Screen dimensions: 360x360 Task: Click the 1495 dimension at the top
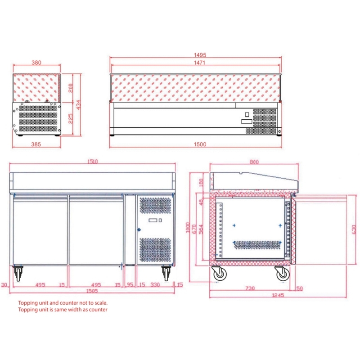(200, 55)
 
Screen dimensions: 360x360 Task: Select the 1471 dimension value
(199, 63)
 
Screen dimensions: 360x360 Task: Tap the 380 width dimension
(36, 63)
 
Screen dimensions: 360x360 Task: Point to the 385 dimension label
(36, 144)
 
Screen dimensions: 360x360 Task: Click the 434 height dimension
(78, 105)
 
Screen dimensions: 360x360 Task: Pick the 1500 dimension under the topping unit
(200, 144)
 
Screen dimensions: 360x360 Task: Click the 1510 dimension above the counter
(93, 162)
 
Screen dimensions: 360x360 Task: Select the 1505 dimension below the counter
(92, 291)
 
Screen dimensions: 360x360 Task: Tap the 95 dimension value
(130, 285)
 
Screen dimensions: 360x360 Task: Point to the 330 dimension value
(155, 285)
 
